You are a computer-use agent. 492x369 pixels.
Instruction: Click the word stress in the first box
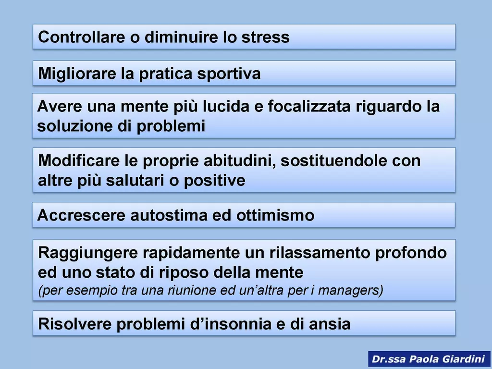coord(265,37)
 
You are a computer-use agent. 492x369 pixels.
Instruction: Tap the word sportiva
coord(229,74)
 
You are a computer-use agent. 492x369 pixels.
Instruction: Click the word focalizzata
coord(309,106)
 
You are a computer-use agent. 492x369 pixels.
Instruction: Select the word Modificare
coord(79,160)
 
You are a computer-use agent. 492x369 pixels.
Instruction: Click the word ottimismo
coord(275,216)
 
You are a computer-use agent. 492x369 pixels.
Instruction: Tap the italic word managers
coord(350,290)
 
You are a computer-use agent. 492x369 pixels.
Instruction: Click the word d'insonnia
coord(231,324)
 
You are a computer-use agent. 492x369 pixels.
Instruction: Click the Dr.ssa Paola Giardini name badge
coord(429,359)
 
